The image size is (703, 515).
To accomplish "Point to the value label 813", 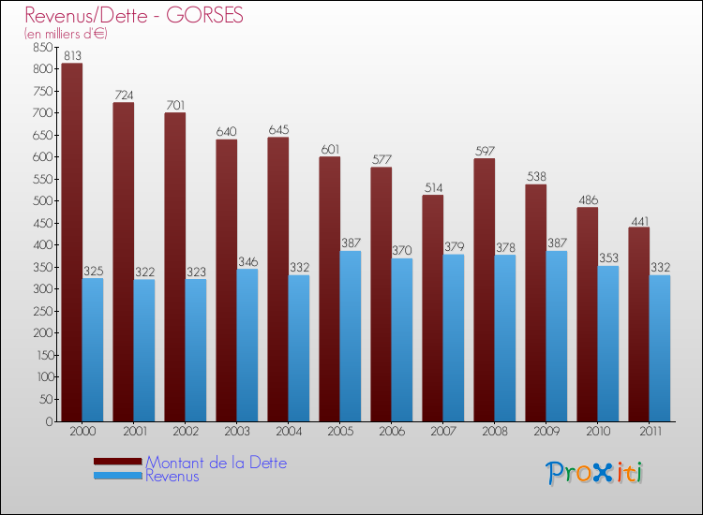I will point(72,56).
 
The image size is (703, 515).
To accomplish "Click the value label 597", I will point(485,152).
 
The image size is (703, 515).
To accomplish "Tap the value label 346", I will point(247,262).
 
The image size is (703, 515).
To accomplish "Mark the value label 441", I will point(639,220).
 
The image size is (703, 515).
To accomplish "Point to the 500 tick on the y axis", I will point(40,201).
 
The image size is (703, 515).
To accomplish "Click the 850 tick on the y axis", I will point(40,48).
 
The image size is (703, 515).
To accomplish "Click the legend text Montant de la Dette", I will point(216,463).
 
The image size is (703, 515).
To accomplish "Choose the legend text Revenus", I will point(172,477).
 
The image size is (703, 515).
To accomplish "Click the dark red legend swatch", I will point(118,462).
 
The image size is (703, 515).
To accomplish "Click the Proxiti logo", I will point(594,473).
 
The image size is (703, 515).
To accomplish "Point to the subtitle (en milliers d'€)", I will point(67,34).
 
